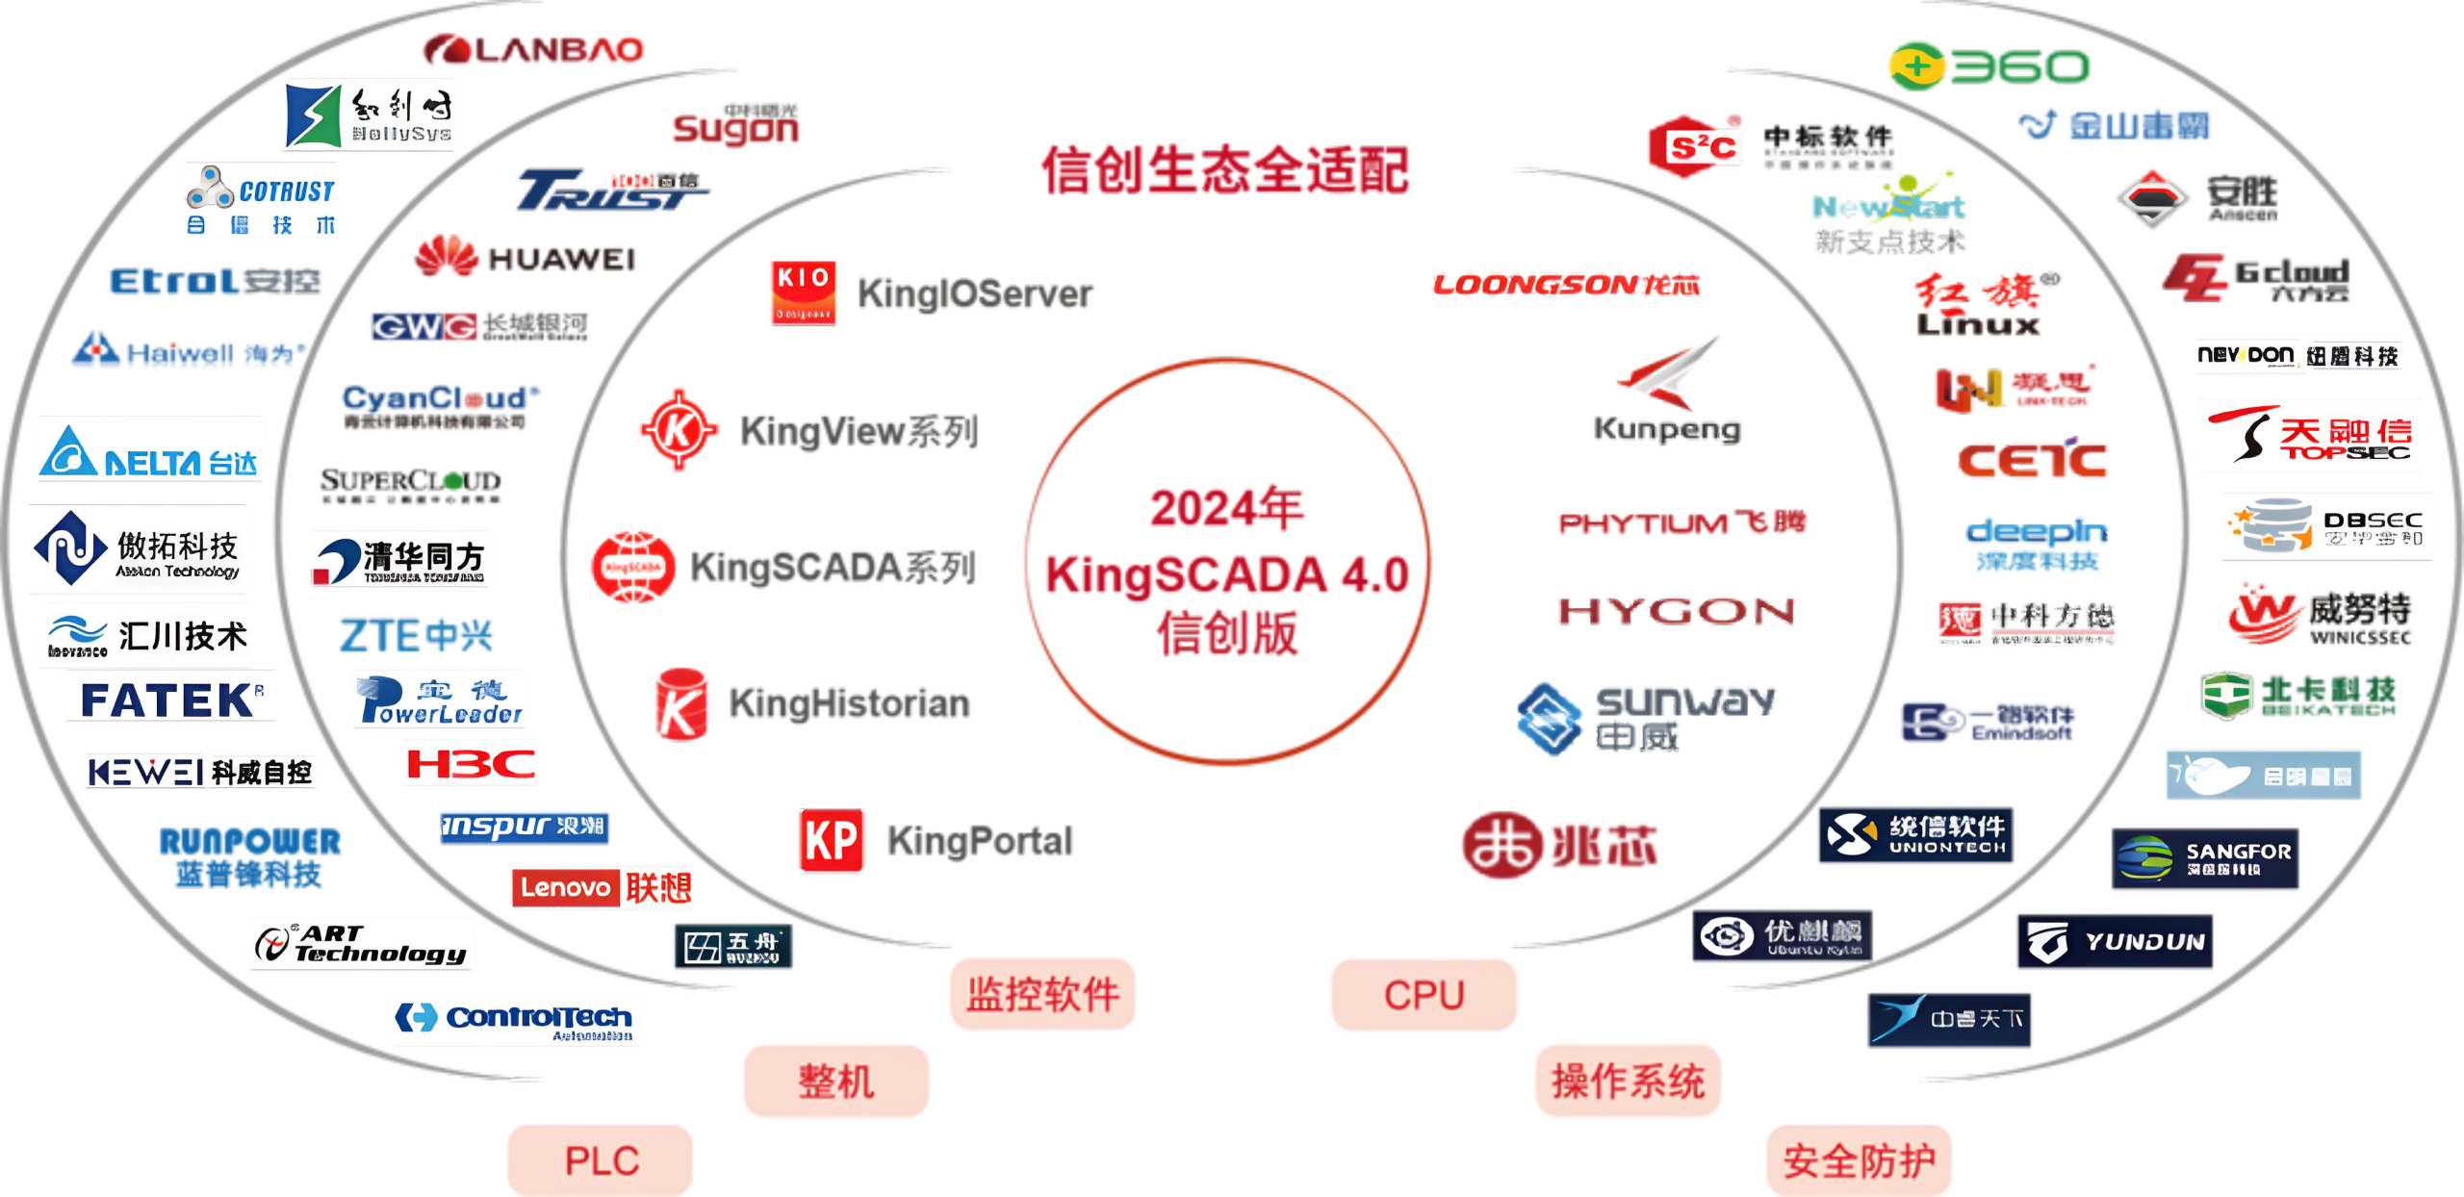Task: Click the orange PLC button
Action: (601, 1159)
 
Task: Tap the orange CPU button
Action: (1424, 994)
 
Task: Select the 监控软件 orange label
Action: (1042, 994)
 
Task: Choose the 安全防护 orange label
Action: (1858, 1160)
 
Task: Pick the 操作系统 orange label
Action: (1628, 1081)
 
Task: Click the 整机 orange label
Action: (835, 1081)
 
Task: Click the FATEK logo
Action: (169, 699)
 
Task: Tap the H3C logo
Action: (471, 764)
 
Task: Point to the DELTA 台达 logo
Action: (150, 449)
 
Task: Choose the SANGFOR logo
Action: (2204, 858)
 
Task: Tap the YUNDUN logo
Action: (2114, 942)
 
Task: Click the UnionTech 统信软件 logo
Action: (1915, 834)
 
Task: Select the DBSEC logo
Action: (2327, 528)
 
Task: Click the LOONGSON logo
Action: (1565, 284)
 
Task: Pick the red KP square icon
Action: (833, 841)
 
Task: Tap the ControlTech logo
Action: (515, 1020)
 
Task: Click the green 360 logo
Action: (1989, 66)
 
